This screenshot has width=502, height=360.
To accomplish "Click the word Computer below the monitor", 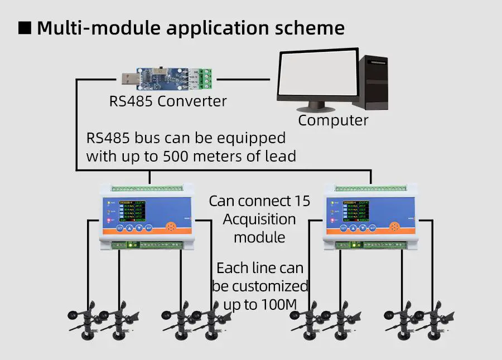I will coord(333,120).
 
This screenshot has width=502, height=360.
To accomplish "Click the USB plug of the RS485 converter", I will coord(129,79).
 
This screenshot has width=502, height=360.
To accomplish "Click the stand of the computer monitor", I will coord(317,104).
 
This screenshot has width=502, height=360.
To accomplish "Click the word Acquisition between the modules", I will coord(259,219).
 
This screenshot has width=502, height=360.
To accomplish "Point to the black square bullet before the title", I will coord(25,28).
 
